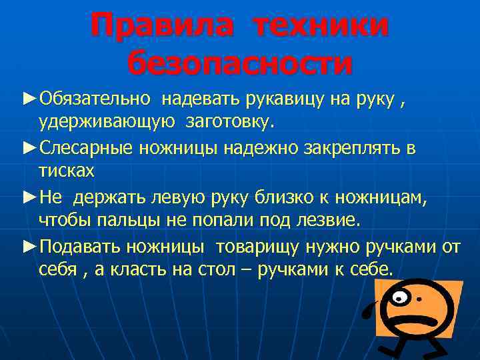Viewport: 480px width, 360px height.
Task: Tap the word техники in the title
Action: pyautogui.click(x=319, y=25)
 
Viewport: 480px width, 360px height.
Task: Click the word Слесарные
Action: pyautogui.click(x=88, y=148)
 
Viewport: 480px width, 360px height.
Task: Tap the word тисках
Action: pyautogui.click(x=67, y=170)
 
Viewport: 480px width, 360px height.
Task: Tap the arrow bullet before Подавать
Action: pyautogui.click(x=30, y=247)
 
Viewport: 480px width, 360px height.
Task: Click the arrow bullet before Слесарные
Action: pyautogui.click(x=30, y=148)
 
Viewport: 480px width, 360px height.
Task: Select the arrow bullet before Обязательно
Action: pyautogui.click(x=30, y=99)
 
